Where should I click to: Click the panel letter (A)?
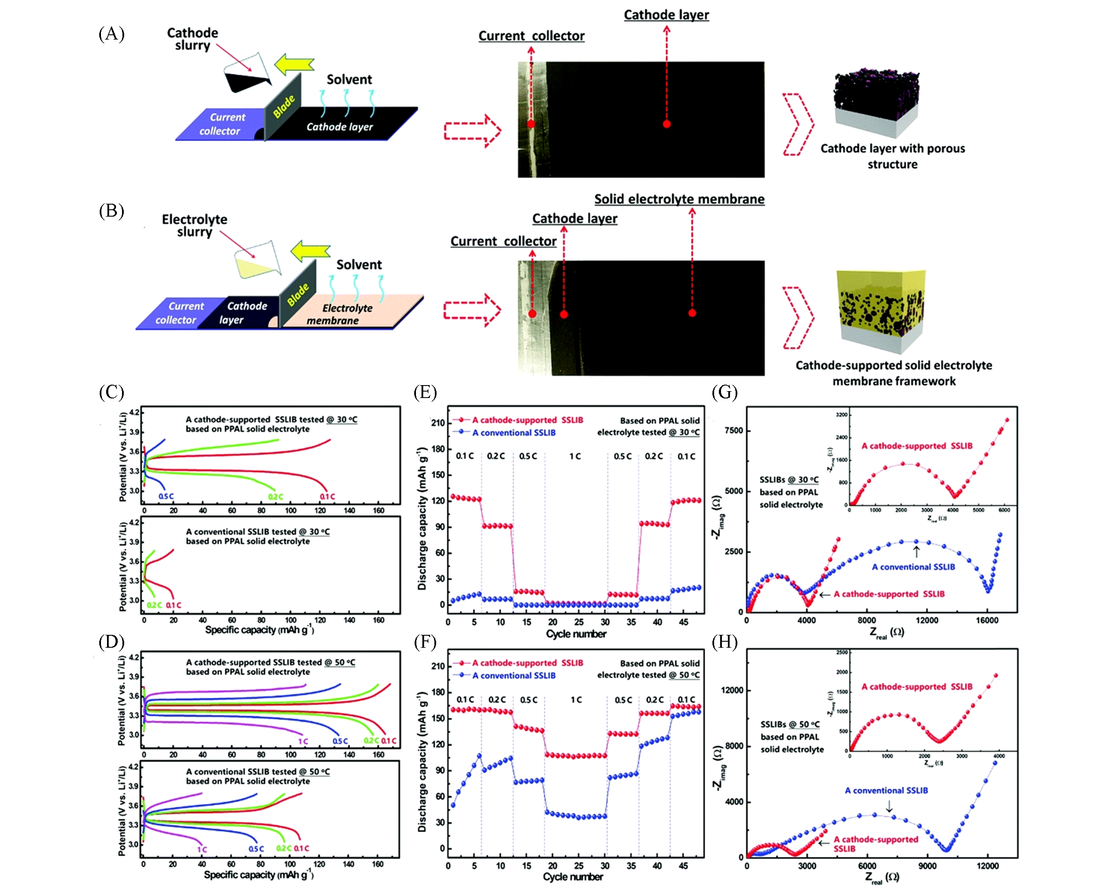(111, 34)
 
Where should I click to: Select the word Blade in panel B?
(298, 294)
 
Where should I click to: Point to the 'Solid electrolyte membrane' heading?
(679, 199)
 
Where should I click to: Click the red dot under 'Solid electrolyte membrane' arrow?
(692, 313)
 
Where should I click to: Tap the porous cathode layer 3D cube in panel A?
(876, 102)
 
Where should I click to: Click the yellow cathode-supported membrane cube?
(881, 310)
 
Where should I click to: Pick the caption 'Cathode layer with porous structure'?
(892, 156)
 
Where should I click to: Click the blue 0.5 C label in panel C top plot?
(166, 496)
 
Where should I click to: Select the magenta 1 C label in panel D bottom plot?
(202, 850)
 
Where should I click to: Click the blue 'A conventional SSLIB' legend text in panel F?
(513, 675)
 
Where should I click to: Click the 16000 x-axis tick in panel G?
(986, 620)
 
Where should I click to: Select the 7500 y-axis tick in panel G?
(733, 431)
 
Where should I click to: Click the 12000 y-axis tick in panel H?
(732, 690)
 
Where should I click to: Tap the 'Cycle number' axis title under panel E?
(576, 634)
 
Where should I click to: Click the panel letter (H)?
(724, 642)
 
